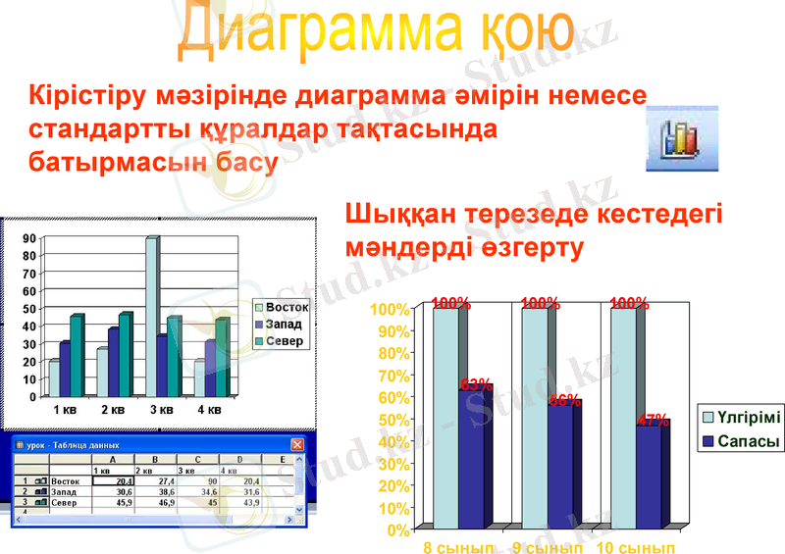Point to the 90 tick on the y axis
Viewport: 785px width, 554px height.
(29, 237)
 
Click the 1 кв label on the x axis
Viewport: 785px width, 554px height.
(65, 409)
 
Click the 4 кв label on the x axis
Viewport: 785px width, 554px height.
(208, 409)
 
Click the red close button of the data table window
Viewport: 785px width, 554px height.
(298, 444)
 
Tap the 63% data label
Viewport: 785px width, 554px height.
(476, 385)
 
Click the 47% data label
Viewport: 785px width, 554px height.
(654, 421)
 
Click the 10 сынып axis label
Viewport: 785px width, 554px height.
(637, 547)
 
